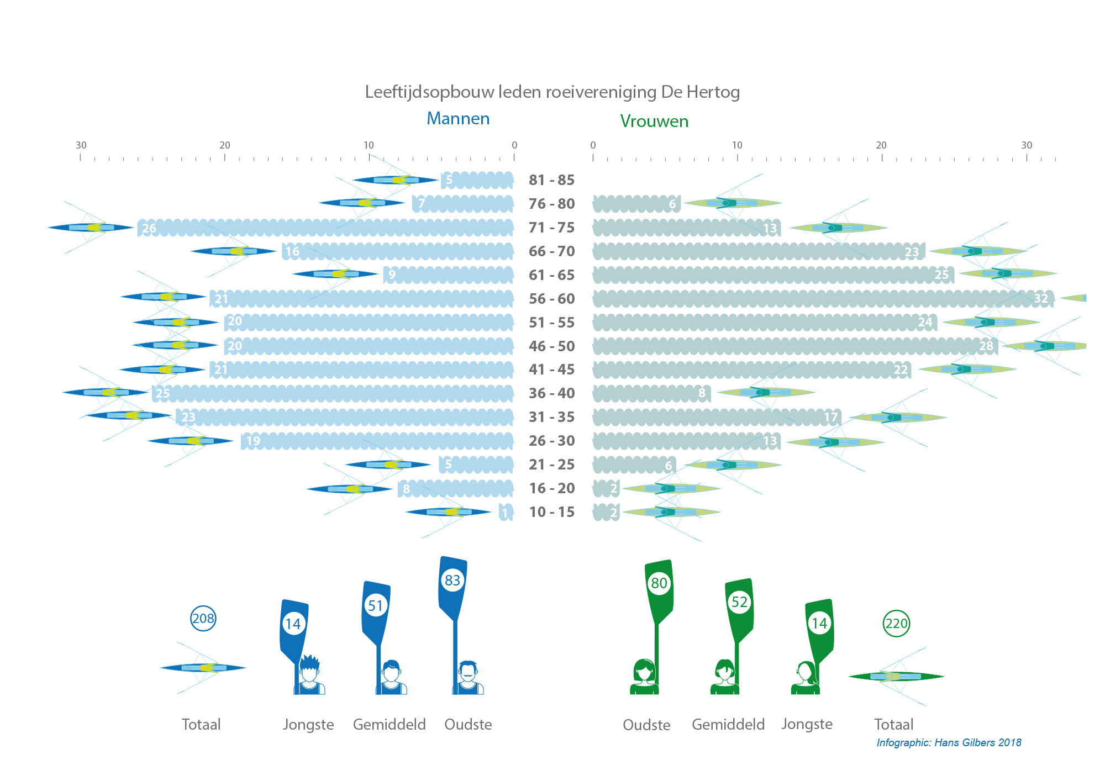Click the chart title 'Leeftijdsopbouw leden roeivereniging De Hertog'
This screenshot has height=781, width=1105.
coord(552,92)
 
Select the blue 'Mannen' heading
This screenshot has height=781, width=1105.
coord(458,119)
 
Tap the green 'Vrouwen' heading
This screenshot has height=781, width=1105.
coord(654,121)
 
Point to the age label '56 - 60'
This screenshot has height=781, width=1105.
coord(551,299)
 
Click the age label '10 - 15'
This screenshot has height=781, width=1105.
coord(551,512)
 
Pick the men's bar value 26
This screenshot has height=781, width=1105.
coord(149,228)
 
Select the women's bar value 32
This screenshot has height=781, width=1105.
coord(1040,299)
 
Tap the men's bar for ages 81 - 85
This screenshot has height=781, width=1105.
coord(478,180)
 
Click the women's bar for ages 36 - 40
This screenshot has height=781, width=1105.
coord(651,393)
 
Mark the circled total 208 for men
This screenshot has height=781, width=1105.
coord(203,619)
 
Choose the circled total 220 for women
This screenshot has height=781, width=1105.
coord(896,624)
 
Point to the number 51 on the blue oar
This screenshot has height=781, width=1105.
coord(376,606)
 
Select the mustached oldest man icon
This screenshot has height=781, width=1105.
coord(468,677)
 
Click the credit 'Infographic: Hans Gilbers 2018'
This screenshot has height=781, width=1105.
coord(949,742)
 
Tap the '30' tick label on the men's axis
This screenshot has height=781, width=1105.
coord(81,145)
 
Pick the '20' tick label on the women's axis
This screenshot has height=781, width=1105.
coord(881,145)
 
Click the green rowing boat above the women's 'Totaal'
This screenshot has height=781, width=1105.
coord(896,676)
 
